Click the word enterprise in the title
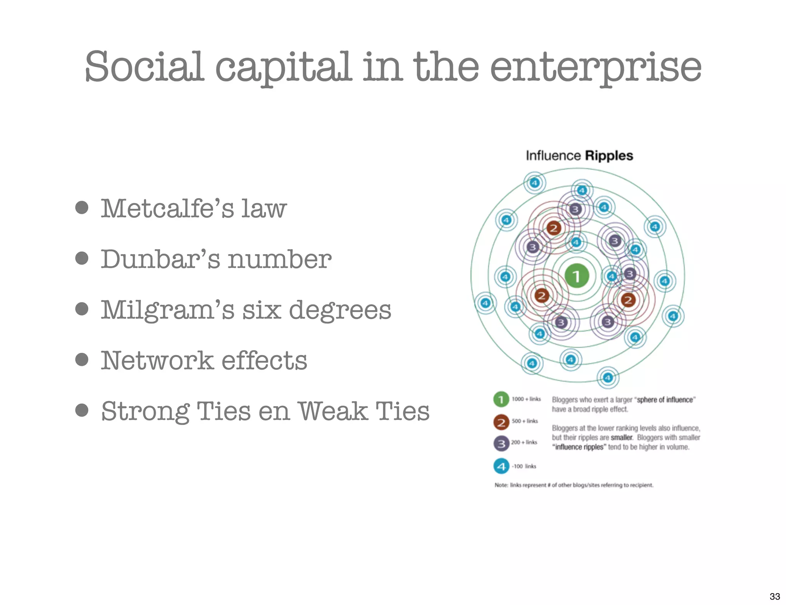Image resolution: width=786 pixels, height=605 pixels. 595,68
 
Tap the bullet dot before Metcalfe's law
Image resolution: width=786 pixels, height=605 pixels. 82,208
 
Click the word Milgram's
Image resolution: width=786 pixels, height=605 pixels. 167,310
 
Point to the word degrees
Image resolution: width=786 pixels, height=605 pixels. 340,310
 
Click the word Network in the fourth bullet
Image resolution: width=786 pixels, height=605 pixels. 157,360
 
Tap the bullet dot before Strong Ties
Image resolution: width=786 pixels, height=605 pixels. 82,410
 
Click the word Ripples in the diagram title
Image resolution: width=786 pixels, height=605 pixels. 609,156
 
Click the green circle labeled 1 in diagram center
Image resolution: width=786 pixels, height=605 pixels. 576,276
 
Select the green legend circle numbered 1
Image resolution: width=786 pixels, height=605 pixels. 501,400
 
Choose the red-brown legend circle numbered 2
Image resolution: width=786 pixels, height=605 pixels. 501,422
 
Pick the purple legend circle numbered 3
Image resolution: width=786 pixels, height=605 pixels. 501,444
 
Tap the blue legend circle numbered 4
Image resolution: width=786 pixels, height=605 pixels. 501,466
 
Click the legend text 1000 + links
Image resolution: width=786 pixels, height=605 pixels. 526,399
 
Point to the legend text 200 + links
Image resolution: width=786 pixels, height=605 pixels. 524,442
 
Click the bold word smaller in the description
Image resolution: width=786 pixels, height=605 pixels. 621,438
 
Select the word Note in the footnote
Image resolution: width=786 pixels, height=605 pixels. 501,485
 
